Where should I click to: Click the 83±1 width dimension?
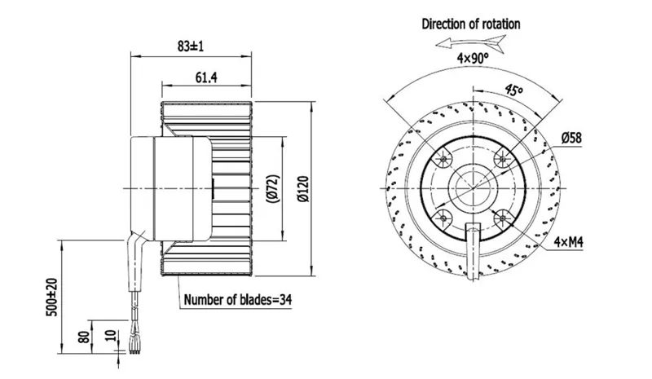[191, 46]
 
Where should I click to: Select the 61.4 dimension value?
[206, 77]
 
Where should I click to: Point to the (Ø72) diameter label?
[273, 189]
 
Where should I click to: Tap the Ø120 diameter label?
[304, 189]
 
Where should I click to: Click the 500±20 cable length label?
[51, 297]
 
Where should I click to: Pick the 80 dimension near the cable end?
[85, 337]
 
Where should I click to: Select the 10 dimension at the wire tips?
[110, 335]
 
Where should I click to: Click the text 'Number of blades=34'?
[238, 300]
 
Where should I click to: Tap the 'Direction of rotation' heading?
[471, 24]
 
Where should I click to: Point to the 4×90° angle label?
[473, 58]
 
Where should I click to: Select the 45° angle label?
[513, 90]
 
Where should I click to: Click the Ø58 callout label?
[571, 138]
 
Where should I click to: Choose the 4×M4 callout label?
[568, 242]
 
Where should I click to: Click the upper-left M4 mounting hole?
[444, 159]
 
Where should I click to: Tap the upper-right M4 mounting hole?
[503, 159]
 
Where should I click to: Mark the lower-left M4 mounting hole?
[444, 218]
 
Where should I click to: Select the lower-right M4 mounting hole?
[503, 218]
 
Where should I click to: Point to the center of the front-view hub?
[474, 188]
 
